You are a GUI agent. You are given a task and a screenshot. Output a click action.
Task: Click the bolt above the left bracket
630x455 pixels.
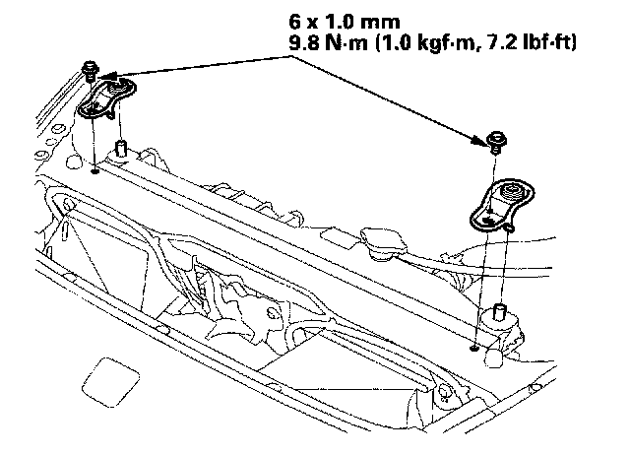click(91, 69)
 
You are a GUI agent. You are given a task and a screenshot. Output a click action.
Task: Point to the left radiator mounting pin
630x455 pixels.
click(121, 148)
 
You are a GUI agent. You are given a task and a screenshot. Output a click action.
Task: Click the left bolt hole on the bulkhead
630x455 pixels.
click(93, 168)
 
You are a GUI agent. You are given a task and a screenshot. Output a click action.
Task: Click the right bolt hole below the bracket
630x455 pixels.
click(474, 347)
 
